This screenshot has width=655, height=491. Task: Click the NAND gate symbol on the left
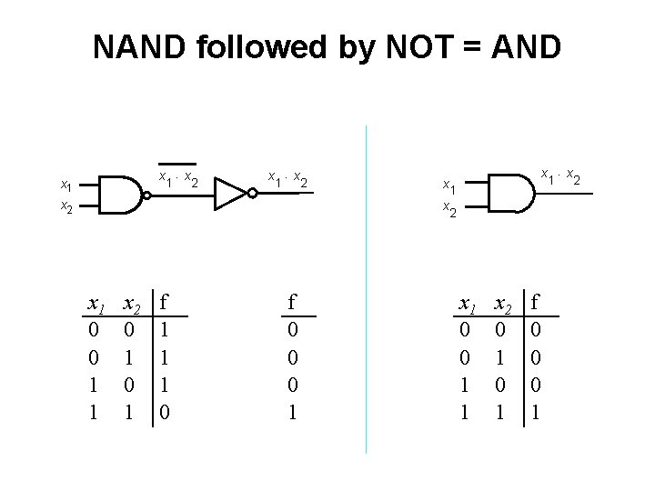pyautogui.click(x=116, y=194)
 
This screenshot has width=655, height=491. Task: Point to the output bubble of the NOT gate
pyautogui.click(x=251, y=193)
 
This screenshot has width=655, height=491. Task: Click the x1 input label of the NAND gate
pyautogui.click(x=66, y=185)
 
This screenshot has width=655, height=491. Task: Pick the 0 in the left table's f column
pyautogui.click(x=165, y=411)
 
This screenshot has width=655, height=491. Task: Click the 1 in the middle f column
pyautogui.click(x=291, y=411)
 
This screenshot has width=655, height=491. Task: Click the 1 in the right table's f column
pyautogui.click(x=537, y=411)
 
